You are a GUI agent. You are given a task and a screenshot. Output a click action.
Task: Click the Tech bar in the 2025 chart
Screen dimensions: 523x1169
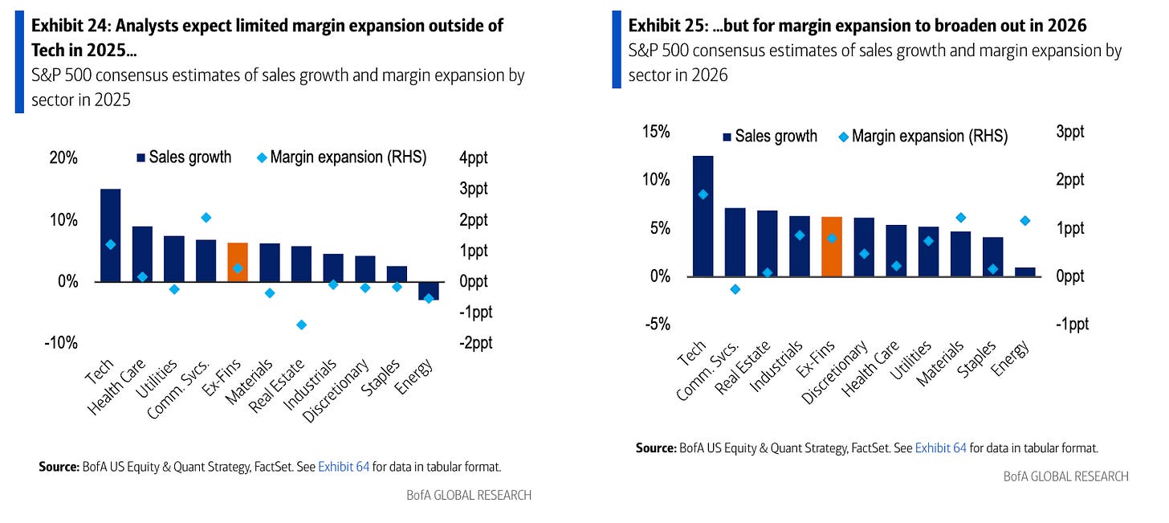[x=110, y=235]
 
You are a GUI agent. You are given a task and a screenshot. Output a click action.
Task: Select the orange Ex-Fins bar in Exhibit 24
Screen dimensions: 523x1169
[x=238, y=262]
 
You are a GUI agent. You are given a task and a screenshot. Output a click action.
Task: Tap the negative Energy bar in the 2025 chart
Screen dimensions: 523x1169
[x=428, y=290]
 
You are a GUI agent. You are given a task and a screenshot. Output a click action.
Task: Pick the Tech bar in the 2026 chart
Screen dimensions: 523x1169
[x=703, y=215]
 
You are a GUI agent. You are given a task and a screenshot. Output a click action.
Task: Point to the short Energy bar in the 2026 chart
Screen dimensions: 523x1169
[x=1025, y=272]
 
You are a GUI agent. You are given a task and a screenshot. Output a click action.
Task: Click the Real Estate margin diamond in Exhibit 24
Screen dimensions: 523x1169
[x=302, y=325]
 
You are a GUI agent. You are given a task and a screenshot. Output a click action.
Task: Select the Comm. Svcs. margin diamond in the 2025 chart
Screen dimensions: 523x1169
[x=206, y=217]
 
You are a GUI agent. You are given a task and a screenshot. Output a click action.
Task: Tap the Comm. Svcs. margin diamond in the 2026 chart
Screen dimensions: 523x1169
[x=735, y=289]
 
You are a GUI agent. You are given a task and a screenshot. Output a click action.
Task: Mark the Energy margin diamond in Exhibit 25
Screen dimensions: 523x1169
[x=1024, y=221]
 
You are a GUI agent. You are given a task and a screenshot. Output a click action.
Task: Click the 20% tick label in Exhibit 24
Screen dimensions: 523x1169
[x=63, y=157]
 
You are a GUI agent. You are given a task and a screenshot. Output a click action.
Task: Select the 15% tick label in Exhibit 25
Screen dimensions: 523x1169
[x=655, y=132]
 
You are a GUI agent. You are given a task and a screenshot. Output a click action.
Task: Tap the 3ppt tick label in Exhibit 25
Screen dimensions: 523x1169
[x=1069, y=132]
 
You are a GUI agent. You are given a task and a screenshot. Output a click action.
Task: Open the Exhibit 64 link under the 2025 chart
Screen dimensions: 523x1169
[x=344, y=466]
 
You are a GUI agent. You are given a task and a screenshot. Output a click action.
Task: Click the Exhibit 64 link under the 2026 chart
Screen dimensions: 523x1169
[x=940, y=448]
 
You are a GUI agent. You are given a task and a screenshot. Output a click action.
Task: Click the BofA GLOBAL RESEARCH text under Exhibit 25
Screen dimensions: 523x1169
[x=1065, y=476]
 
